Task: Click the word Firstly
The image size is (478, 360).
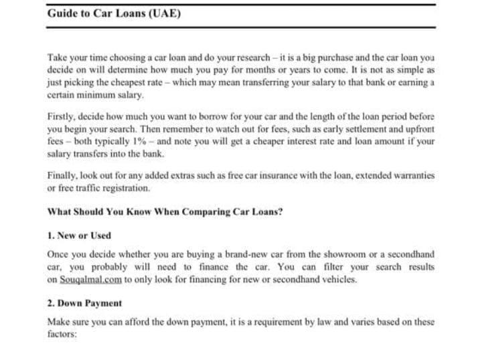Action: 62,116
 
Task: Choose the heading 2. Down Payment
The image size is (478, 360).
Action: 84,303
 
